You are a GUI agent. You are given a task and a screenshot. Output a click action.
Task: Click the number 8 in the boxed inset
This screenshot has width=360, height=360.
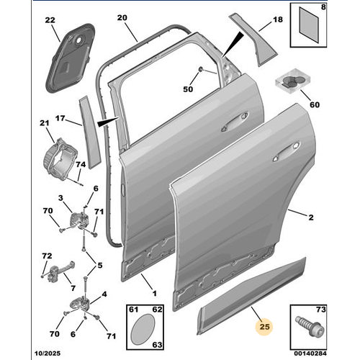[x=343, y=6]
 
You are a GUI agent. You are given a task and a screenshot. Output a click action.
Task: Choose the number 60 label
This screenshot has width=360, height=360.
[x=314, y=103]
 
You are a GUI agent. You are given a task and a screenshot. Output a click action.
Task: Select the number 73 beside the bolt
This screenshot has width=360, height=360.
[x=342, y=308]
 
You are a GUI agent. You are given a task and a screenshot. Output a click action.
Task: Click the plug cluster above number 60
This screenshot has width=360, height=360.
[x=292, y=80]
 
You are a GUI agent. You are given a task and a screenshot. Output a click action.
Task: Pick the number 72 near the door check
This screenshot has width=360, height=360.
[x=47, y=256]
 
